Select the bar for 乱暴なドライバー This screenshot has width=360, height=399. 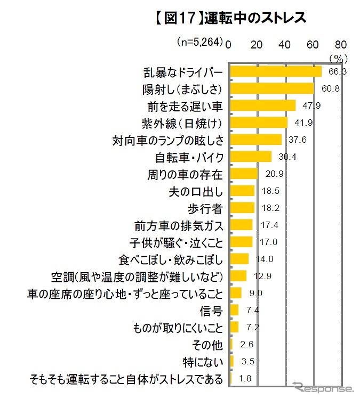point(275,71)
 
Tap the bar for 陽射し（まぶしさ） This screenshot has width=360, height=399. point(271,88)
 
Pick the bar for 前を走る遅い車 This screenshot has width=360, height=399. point(262,105)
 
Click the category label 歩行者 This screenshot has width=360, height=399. point(209,208)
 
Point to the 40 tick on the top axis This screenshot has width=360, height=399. point(284,44)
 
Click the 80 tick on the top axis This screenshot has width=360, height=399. point(340,44)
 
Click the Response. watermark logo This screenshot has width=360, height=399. point(323,388)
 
